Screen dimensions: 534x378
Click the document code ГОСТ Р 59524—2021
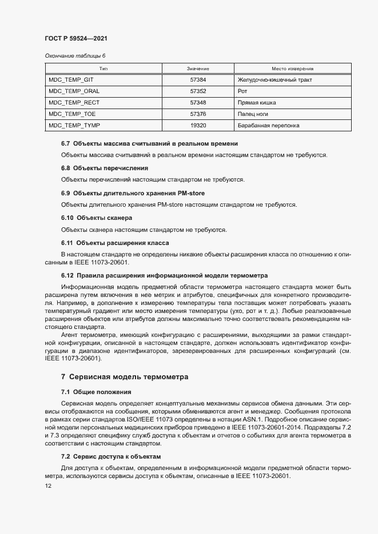click(75, 38)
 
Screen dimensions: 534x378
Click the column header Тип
click(104, 69)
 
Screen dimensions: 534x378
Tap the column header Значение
click(198, 69)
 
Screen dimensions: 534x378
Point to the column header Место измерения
click(288, 69)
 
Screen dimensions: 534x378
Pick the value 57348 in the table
click(198, 103)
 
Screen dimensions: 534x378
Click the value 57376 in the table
click(198, 114)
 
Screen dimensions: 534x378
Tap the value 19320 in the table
click(198, 126)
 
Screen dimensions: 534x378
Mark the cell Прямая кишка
click(256, 103)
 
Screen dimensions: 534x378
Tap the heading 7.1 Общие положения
click(96, 392)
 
